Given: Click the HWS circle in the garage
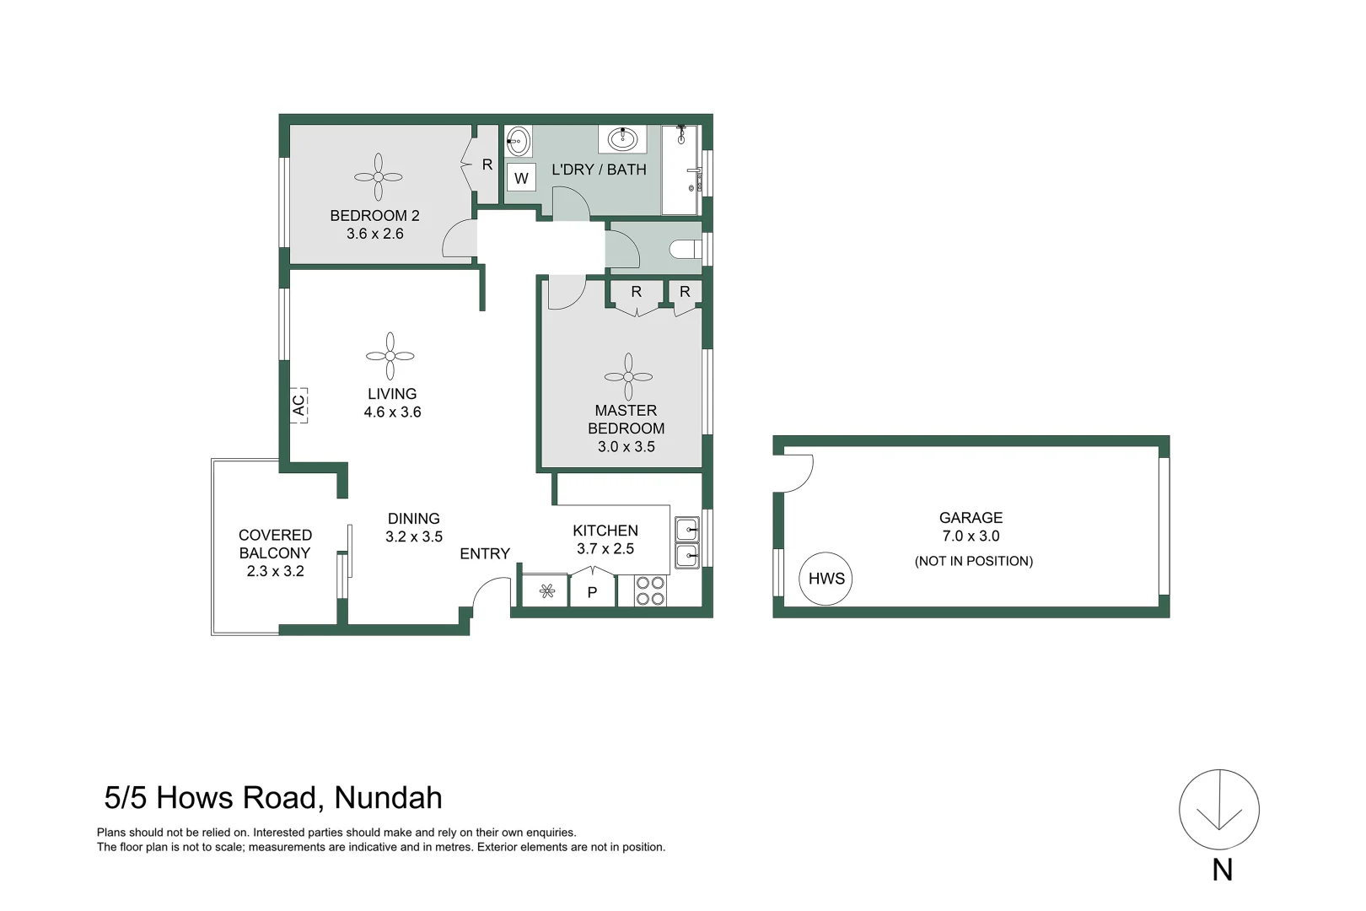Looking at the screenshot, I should (826, 579).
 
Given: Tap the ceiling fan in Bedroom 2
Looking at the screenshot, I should (378, 177).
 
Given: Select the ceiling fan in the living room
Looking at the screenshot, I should (390, 356).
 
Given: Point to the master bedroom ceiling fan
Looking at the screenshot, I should (628, 377).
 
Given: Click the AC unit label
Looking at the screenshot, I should (298, 405).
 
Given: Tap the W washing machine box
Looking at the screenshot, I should (521, 178).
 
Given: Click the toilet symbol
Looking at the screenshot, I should (685, 249).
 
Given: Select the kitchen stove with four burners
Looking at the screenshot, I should (650, 590).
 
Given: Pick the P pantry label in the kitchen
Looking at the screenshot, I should (592, 592).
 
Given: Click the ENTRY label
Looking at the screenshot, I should (485, 554).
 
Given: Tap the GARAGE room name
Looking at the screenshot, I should (971, 518).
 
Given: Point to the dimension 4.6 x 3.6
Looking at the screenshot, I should (392, 412).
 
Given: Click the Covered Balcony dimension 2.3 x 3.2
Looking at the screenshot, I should (275, 571).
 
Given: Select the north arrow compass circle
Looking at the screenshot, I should (1218, 810).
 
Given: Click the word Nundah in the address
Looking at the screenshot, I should (388, 798).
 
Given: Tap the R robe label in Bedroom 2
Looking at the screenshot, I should (487, 165).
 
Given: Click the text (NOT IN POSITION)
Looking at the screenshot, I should (973, 561).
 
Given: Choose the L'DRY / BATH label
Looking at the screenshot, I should (599, 170).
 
